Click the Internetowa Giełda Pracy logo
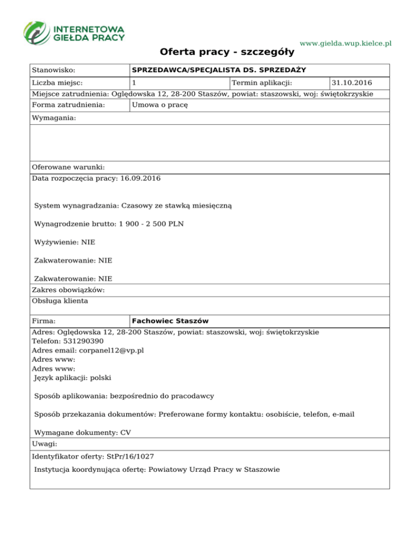74,32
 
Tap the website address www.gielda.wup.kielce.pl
346,43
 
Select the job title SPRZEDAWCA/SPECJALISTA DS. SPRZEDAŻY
219,70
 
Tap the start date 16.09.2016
141,178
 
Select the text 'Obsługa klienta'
60,300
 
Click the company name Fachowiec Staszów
171,320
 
